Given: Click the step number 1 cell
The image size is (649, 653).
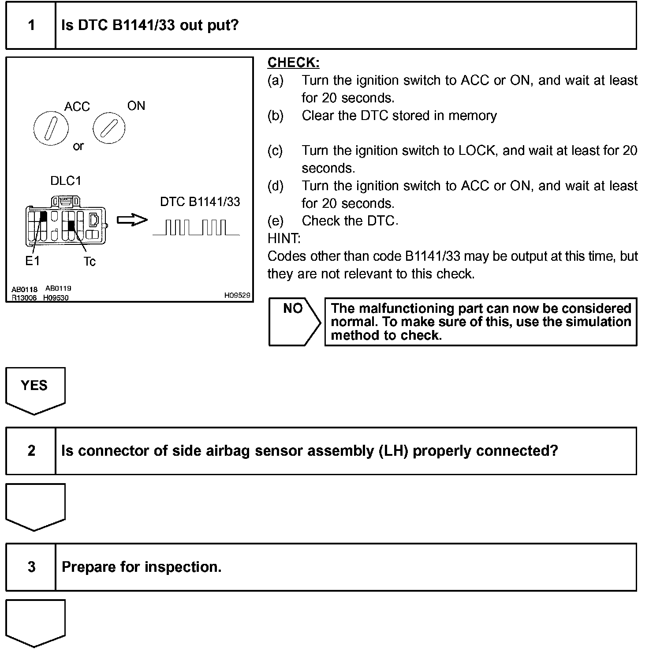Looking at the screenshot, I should coord(31,25).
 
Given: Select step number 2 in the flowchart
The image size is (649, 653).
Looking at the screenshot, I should coord(31,450).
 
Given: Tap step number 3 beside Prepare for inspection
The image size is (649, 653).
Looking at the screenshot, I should coord(31,567).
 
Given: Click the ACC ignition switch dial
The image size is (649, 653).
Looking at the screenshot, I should coord(51,128).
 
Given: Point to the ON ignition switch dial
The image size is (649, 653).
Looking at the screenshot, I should coord(109,128).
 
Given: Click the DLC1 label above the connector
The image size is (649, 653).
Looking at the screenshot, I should coord(66,181).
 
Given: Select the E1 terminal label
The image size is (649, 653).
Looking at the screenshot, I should coord(32,261).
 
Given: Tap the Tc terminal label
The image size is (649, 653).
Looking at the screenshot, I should coord(90,262).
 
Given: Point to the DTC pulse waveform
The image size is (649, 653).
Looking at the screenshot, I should coord(196,228).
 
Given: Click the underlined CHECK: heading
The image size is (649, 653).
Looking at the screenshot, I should coord(293,63).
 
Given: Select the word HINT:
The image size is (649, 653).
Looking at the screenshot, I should coord(284,239).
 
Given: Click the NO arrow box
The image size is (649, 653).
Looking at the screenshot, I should coord(294,322).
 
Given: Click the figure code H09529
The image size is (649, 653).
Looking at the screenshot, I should coord(237,296).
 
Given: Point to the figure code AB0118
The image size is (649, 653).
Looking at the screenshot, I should coord(24,289).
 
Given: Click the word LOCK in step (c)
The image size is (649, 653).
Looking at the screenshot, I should coord(477,150).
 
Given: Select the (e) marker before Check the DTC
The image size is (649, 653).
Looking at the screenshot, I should coord(276,221).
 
